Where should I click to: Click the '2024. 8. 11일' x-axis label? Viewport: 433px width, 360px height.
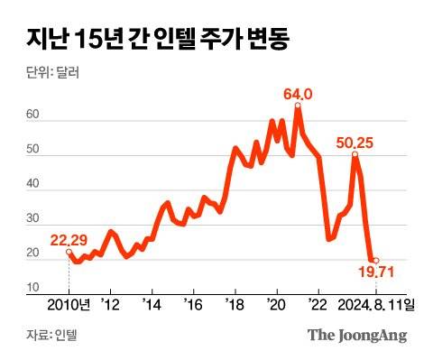click(x=376, y=304)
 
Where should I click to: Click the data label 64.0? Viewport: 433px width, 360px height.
click(x=297, y=94)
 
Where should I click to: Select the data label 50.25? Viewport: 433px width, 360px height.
click(x=355, y=142)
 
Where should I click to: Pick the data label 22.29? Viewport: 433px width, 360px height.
click(x=69, y=239)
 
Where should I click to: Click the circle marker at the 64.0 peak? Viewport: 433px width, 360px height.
click(x=298, y=106)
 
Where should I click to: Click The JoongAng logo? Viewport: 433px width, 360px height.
click(x=357, y=336)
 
